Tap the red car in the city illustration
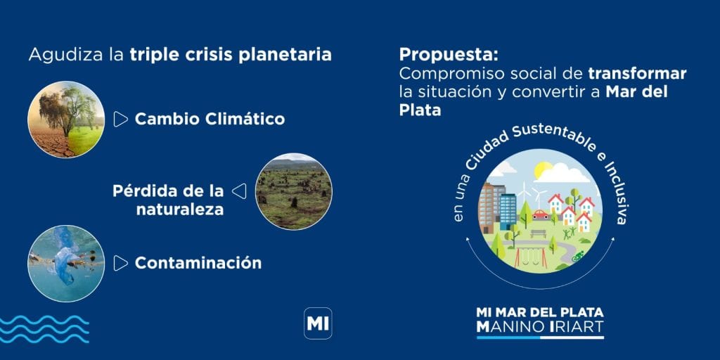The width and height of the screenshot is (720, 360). (541, 214)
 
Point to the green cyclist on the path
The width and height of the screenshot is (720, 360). (578, 256)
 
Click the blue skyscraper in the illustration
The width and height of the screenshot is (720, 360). (508, 212)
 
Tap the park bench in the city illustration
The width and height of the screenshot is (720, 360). (538, 233)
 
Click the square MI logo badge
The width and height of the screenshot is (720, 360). (318, 323)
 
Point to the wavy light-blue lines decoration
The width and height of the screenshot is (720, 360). (44, 329)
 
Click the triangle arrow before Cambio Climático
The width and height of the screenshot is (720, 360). (120, 120)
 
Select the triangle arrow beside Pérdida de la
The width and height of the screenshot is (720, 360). (239, 191)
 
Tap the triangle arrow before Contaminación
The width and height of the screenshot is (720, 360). (120, 263)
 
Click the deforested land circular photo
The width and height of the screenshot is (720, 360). (293, 191)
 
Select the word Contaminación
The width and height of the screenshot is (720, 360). (198, 263)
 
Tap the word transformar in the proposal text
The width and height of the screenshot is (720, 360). (637, 73)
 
